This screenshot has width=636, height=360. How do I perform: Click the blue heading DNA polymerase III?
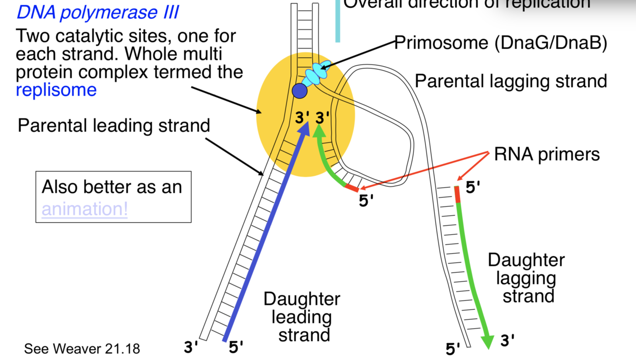98,12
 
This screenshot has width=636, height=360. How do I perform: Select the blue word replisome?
56,90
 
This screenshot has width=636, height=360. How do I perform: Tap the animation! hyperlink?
84,209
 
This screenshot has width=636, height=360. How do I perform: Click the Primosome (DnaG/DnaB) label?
501,43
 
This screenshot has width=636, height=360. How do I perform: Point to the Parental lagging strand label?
511,81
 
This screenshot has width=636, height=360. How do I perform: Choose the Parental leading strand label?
113,125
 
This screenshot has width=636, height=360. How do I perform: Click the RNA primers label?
546,154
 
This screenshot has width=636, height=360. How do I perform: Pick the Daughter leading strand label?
302,317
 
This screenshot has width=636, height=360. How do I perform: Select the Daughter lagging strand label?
526,278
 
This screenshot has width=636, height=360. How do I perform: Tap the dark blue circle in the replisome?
299,91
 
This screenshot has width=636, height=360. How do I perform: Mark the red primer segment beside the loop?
352,188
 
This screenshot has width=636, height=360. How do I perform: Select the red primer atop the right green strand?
457,194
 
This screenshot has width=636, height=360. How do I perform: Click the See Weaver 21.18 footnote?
82,349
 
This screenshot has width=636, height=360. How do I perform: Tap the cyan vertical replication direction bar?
338,21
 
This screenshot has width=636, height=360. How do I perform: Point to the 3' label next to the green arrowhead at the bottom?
508,340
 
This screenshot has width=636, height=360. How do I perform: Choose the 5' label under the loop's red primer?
366,201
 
